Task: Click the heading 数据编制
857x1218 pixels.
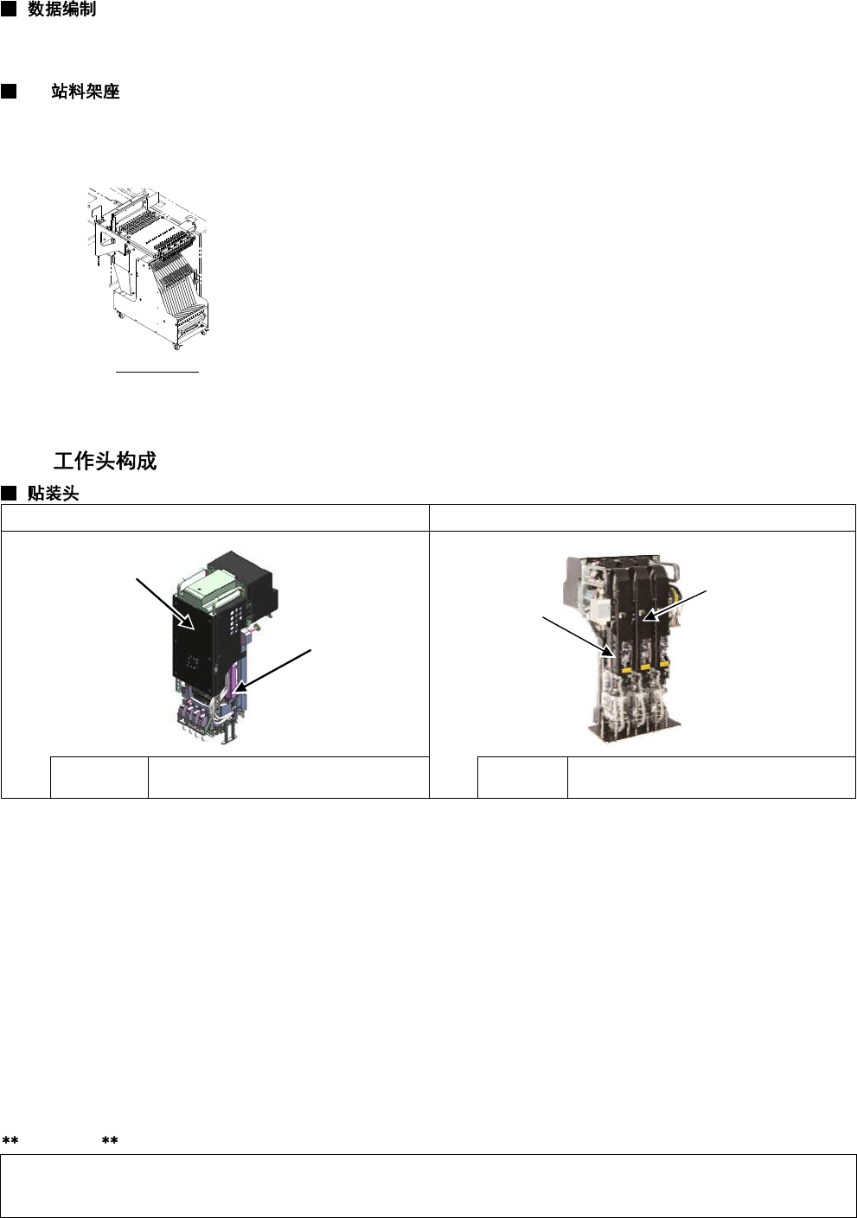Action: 62,9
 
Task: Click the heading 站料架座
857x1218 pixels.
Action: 86,91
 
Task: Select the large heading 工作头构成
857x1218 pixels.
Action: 105,461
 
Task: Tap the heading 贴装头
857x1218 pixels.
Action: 54,494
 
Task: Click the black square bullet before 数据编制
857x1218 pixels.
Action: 9,9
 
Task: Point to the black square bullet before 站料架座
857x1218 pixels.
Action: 9,91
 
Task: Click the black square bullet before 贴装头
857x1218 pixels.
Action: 9,494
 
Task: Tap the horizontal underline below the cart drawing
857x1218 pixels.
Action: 157,373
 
